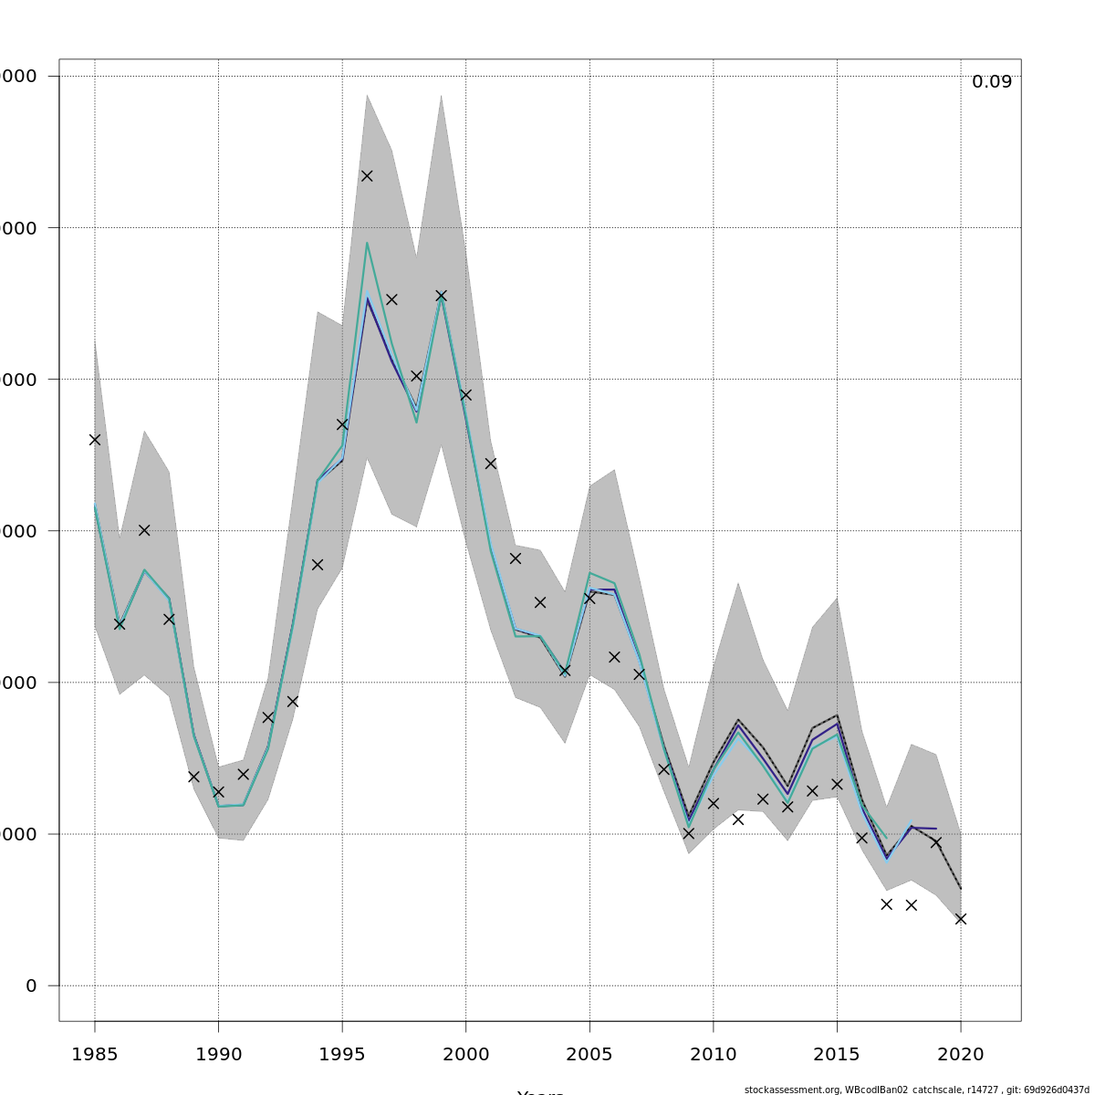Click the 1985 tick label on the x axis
coord(95,1055)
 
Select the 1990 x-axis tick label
coord(218,1055)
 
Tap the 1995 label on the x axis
coord(342,1055)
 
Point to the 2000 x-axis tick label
coord(465,1055)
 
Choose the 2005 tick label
coord(589,1055)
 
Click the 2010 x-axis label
coord(713,1055)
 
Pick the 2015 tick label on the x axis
coord(837,1055)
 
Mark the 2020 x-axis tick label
coord(960,1055)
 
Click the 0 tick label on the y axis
coord(31,985)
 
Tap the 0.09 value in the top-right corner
coord(991,82)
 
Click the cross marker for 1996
coord(367,175)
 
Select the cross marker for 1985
coord(95,439)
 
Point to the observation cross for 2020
coord(960,919)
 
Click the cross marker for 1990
coord(218,792)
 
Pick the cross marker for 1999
coord(441,296)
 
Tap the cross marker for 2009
coord(688,833)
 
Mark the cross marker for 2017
coord(886,904)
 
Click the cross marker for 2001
coord(490,464)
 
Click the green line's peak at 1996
coord(367,243)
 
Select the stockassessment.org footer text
coord(918,1090)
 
